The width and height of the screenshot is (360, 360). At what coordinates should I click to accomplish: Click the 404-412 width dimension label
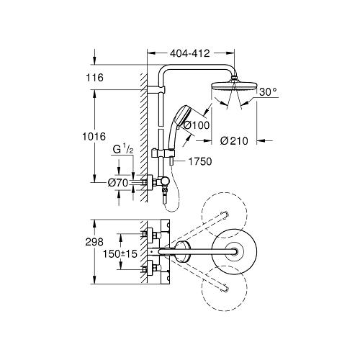190,53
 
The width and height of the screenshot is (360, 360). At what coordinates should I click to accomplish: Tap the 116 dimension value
95,78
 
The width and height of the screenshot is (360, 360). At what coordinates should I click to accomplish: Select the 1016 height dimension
94,137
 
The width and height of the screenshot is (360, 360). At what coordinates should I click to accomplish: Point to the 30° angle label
268,91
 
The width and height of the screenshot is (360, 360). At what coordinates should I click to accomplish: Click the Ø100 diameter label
197,125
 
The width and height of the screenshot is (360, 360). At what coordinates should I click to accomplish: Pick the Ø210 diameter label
234,141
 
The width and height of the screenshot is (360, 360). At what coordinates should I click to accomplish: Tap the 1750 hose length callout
200,161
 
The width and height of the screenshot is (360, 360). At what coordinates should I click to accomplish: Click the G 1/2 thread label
122,150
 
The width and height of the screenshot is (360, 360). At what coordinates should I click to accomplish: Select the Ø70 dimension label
118,183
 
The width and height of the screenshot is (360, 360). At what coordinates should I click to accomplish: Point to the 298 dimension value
94,242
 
